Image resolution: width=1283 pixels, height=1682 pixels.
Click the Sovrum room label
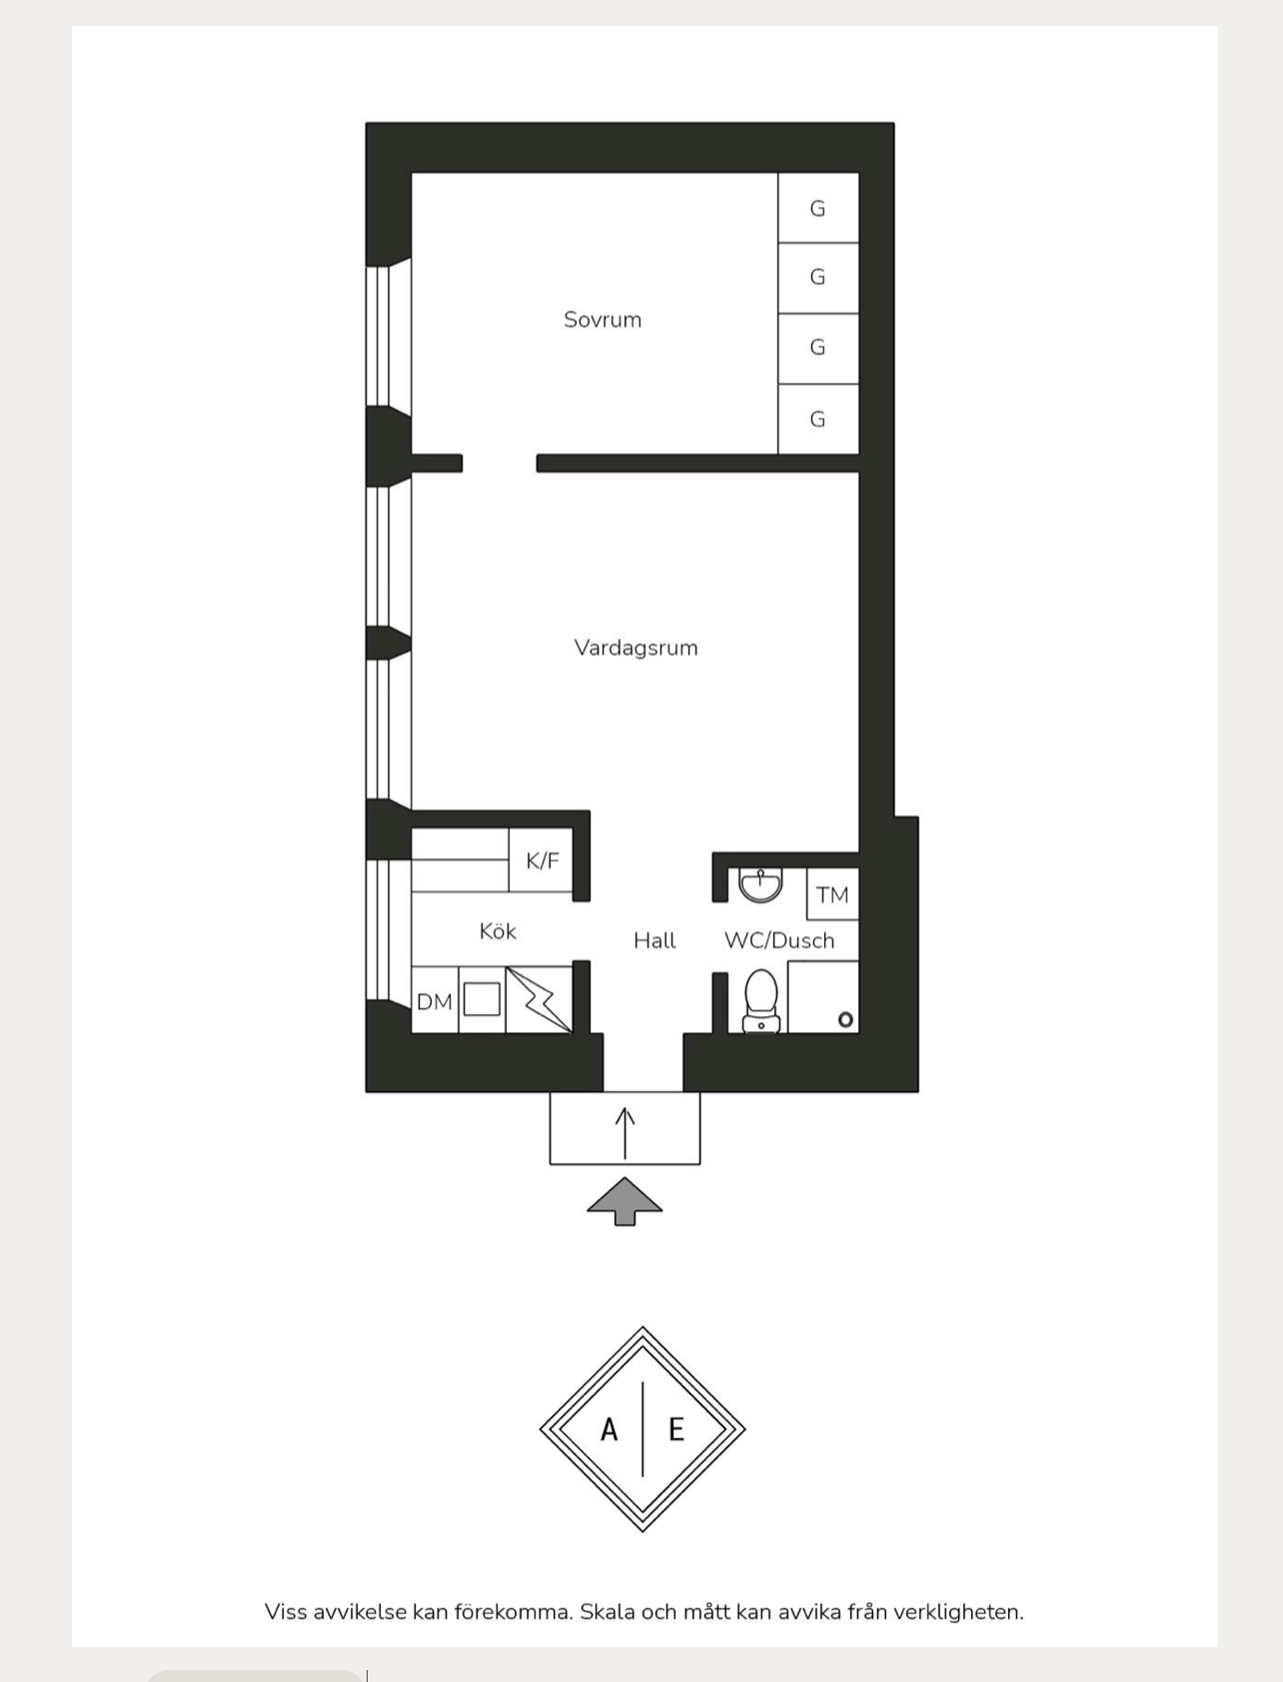point(603,320)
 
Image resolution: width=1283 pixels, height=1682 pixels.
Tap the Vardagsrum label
point(636,648)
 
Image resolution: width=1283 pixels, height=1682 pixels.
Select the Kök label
point(498,931)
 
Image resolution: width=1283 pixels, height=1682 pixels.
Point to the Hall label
point(654,940)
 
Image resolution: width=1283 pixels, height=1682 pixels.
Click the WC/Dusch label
point(779,940)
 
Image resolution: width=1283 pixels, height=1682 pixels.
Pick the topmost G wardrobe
point(818,208)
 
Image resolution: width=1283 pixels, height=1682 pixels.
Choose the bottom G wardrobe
point(818,419)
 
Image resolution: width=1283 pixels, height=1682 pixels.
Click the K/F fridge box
point(542,860)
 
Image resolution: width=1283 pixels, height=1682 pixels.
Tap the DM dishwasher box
point(435,1000)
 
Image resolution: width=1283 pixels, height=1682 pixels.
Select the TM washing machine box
point(832,894)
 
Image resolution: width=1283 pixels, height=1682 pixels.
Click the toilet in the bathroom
point(761,1000)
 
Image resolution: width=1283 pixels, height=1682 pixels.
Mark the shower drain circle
point(845,1019)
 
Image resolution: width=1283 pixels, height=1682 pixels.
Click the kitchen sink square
point(482,999)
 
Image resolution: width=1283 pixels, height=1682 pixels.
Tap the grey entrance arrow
point(625,1201)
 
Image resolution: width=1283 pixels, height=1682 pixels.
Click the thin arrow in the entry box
point(626,1133)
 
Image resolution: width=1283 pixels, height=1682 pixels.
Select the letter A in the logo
point(609,1430)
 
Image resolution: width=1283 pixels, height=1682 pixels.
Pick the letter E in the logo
point(676,1430)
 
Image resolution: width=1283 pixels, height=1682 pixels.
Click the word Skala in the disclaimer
point(607,1612)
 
